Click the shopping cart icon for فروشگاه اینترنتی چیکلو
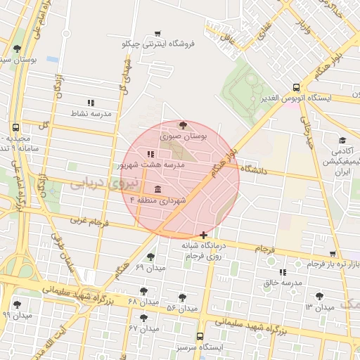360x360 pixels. point(157,33)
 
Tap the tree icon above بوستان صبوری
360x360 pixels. point(184,124)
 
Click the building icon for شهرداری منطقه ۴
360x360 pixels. point(156,190)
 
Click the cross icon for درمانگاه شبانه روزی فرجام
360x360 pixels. point(203,235)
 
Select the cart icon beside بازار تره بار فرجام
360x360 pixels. point(333,254)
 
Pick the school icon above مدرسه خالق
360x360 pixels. point(282,272)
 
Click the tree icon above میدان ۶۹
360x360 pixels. point(150,257)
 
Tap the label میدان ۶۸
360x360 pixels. point(143,302)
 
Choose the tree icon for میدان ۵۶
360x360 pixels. point(183,297)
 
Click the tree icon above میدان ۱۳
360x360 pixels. point(320,296)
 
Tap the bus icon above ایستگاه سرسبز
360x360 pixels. point(200,336)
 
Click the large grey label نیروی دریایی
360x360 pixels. point(95,184)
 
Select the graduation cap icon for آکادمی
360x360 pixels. point(342,141)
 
